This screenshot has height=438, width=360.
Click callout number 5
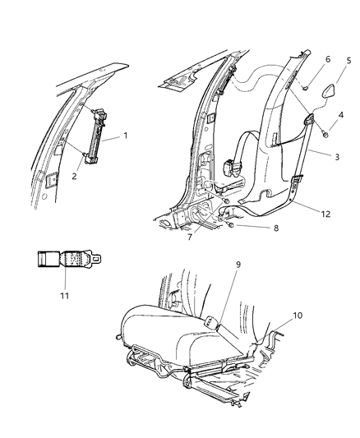pyautogui.click(x=348, y=60)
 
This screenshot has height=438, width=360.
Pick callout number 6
pyautogui.click(x=304, y=61)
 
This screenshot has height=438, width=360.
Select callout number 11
pyautogui.click(x=67, y=294)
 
